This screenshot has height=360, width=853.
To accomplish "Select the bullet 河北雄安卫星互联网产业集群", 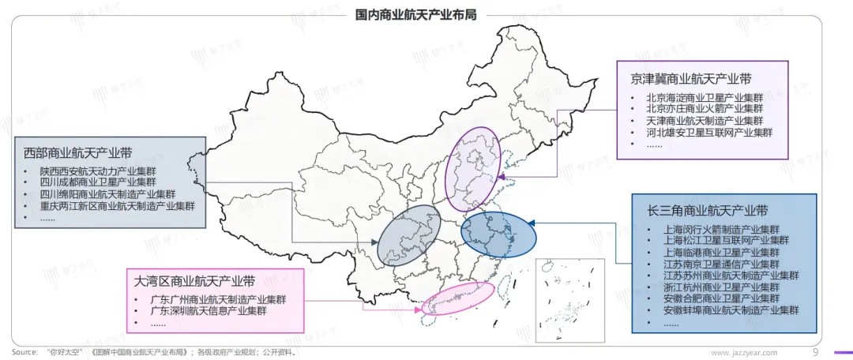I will pyautogui.click(x=708, y=132).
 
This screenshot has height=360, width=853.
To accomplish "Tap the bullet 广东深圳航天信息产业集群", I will pyautogui.click(x=208, y=311).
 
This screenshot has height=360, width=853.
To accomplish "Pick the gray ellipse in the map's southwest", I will pyautogui.click(x=409, y=234).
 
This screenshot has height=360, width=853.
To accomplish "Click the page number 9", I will pyautogui.click(x=815, y=352).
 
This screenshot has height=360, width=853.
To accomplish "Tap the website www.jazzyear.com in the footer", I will pyautogui.click(x=744, y=352).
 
